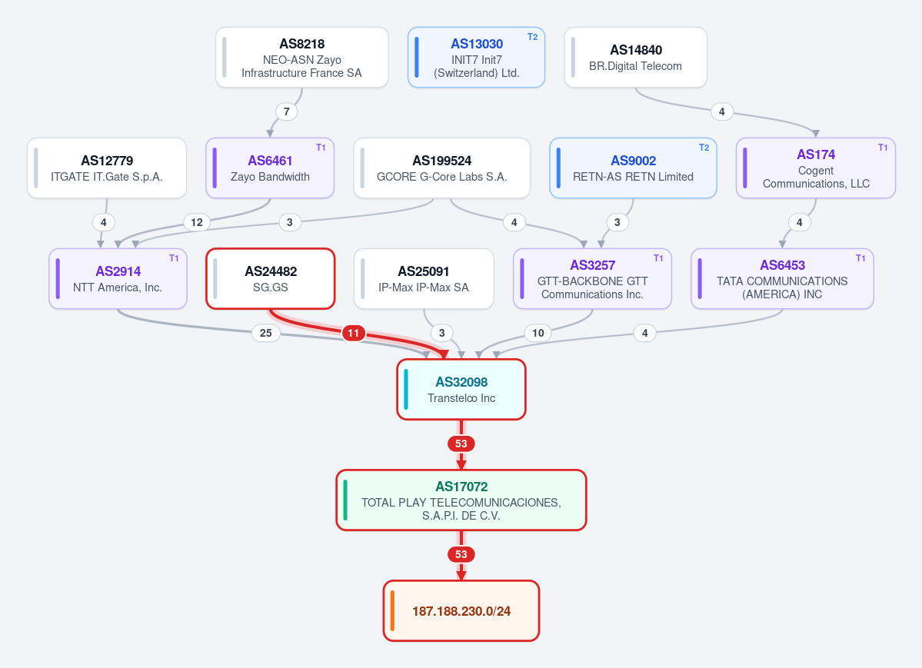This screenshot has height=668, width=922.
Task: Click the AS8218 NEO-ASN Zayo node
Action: (x=301, y=58)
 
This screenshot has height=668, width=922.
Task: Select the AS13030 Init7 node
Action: (x=476, y=58)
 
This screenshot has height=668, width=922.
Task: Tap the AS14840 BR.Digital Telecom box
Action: (x=636, y=58)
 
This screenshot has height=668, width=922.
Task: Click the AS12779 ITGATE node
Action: (x=107, y=168)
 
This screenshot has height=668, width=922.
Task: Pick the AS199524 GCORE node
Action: (x=441, y=168)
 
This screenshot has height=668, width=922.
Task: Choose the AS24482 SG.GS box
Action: (x=271, y=279)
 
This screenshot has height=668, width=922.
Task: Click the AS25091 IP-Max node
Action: (x=424, y=279)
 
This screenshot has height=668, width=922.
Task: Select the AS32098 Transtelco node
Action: (x=461, y=389)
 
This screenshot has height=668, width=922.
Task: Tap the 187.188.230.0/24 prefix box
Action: (x=461, y=611)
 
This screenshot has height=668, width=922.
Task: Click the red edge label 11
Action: (x=354, y=333)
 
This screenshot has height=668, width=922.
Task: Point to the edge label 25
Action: (x=266, y=333)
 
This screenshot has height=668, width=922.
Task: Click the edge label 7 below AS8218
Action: (x=286, y=111)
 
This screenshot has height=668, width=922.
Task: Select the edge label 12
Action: (x=197, y=222)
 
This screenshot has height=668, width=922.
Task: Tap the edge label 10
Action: (x=538, y=333)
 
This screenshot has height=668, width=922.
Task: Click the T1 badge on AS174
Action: (x=883, y=148)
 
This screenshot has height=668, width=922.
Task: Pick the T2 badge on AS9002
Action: (x=704, y=148)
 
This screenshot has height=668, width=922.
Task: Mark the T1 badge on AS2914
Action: (x=174, y=258)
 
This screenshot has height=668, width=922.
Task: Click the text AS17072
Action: (x=461, y=487)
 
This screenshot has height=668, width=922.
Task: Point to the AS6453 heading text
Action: (x=782, y=265)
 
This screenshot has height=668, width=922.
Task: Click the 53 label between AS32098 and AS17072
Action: (x=461, y=444)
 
